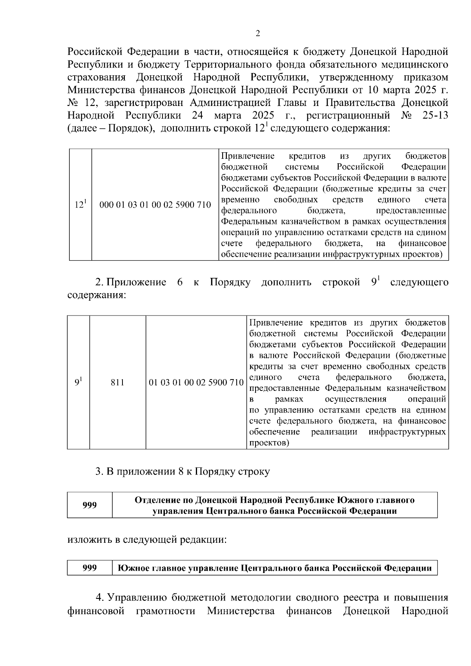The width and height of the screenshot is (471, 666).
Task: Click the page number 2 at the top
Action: (257, 34)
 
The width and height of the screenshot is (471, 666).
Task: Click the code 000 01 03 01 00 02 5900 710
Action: (155, 205)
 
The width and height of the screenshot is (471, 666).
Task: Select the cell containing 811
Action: (117, 382)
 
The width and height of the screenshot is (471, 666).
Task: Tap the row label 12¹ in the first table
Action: (80, 205)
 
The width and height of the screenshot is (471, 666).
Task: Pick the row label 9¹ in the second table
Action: (78, 382)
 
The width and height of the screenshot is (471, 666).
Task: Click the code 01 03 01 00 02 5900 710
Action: (196, 382)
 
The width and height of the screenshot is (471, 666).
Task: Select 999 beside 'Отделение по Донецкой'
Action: (89, 505)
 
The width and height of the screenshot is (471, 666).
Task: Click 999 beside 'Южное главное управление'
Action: (89, 568)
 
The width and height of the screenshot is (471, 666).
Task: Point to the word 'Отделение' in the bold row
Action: (154, 500)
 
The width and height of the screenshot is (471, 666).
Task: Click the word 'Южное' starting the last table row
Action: (131, 568)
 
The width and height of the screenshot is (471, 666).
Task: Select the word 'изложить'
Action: (90, 540)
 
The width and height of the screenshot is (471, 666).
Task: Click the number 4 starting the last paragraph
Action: (99, 598)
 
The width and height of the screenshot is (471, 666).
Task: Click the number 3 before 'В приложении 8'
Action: (99, 471)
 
